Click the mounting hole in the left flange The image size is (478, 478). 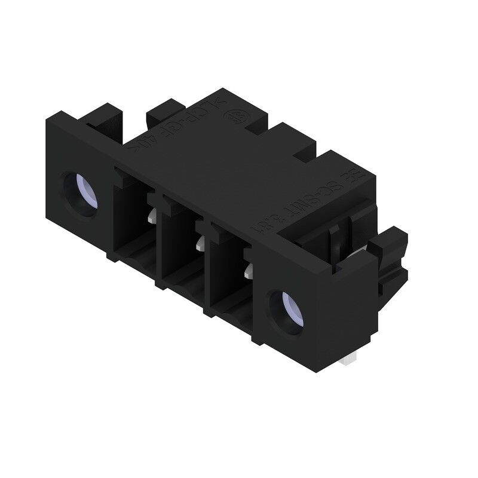click(x=81, y=194)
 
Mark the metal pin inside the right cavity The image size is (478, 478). click(x=247, y=269)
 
